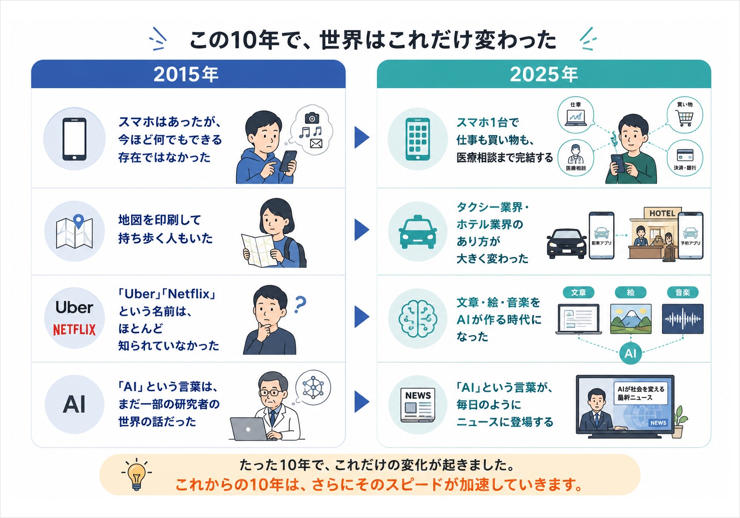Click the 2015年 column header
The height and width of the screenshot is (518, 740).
tap(186, 74)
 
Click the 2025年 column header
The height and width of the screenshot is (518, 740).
tap(544, 74)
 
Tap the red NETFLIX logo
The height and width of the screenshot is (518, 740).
tap(74, 329)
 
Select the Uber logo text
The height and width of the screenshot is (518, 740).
tap(74, 307)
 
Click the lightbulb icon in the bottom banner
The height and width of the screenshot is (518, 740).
tap(137, 474)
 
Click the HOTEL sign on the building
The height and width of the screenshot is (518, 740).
tap(662, 213)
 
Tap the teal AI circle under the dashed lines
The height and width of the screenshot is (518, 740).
tap(630, 354)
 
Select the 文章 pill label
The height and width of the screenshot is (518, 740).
tap(578, 292)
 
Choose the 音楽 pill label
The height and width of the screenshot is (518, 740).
tap(683, 292)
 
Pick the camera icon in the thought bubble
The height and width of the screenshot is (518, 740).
tap(311, 118)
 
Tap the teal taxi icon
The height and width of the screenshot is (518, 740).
tap(418, 232)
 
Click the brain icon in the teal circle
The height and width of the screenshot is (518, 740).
tap(418, 319)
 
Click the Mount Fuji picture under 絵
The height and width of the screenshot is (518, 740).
tap(631, 319)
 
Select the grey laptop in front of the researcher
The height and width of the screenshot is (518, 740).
tap(250, 429)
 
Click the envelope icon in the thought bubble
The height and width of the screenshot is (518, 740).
tap(316, 144)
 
